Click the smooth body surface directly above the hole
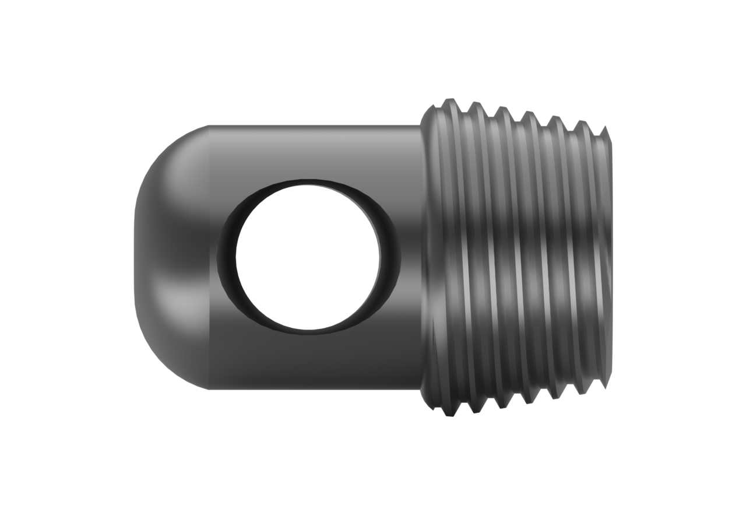pos(309,152)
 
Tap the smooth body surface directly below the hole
pos(309,362)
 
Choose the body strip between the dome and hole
pos(211,257)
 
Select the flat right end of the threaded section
pos(610,257)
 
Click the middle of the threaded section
pos(516,257)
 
